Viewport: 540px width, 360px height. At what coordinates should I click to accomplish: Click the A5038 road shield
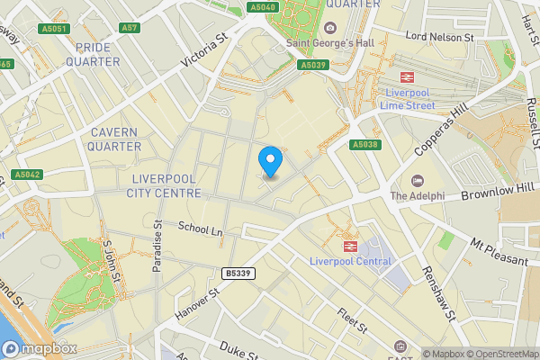coord(365,144)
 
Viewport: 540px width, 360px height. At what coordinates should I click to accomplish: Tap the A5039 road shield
coord(312,65)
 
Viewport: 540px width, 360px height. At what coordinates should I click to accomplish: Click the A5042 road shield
coord(26,174)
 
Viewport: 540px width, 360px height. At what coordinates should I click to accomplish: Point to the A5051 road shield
coord(55,29)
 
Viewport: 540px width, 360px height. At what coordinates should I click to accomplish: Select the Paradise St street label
coord(157,246)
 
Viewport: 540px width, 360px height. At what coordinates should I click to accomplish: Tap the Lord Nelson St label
coord(439,37)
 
